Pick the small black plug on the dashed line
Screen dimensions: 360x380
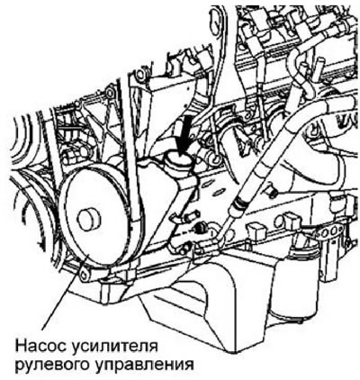pyautogui.click(x=199, y=230)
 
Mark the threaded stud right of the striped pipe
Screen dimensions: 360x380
pyautogui.click(x=271, y=192)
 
